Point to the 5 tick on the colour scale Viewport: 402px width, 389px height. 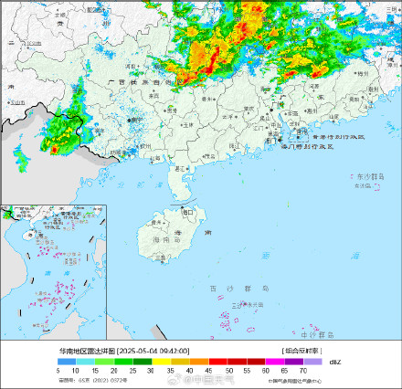tap(58, 370)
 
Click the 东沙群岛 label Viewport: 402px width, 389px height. tap(368, 176)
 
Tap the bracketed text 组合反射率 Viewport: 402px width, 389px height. tap(301, 351)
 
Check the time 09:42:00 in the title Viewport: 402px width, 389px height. tap(175, 351)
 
